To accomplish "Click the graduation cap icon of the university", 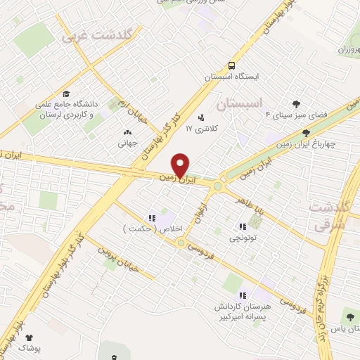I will coord(66,94).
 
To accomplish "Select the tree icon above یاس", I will coord(349,319).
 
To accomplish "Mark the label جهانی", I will coord(127,141).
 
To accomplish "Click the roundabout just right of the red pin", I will coord(219,186).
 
